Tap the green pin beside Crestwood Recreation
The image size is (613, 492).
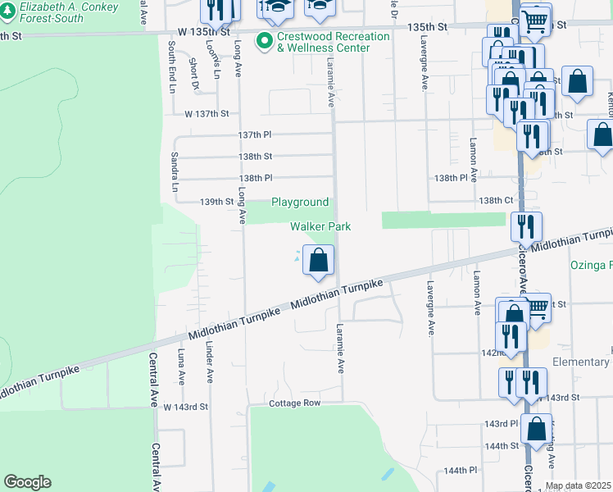[x=264, y=40]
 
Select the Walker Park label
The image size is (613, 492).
[x=320, y=226]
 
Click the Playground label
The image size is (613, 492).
[x=300, y=202]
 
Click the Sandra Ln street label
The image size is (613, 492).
[x=175, y=171]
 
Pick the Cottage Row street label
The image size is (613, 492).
[x=295, y=403]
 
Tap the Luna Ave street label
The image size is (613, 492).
[x=181, y=367]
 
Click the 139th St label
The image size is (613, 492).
[x=218, y=202]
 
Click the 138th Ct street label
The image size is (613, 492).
[x=496, y=200]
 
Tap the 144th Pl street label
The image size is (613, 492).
[x=460, y=470]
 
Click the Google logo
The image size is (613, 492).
[x=27, y=482]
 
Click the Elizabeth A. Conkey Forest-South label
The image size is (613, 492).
[x=69, y=12]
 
